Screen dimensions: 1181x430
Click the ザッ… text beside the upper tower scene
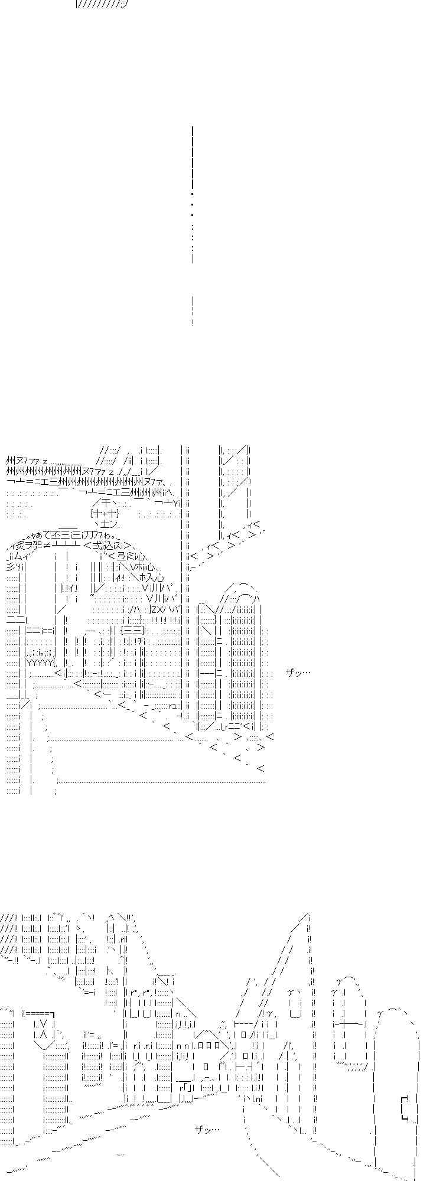click(298, 672)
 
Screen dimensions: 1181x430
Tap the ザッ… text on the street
click(207, 1129)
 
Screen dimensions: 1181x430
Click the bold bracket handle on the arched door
click(405, 1107)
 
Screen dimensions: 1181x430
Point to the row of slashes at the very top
click(102, 4)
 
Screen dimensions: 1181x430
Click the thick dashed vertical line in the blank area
click(193, 195)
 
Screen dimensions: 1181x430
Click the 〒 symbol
click(106, 502)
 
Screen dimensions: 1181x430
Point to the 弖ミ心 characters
click(125, 556)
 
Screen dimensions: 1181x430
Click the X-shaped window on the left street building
click(41, 1028)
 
